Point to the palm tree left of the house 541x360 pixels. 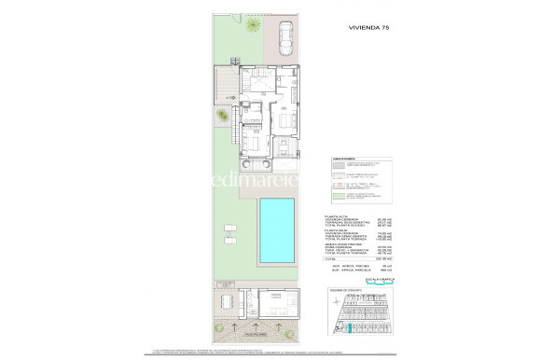click(221, 116)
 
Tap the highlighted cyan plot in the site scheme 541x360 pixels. click(349, 327)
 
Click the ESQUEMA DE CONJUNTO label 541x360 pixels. click(347, 290)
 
